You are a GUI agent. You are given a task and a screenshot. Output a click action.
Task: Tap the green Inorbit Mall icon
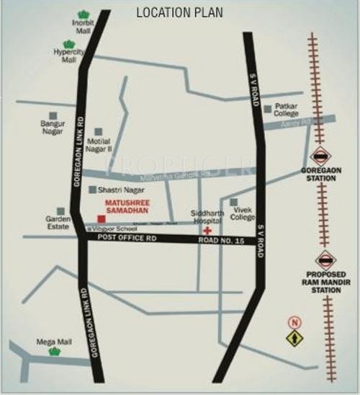tap(84, 15)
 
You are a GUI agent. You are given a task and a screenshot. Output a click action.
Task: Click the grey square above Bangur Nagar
tap(53, 115)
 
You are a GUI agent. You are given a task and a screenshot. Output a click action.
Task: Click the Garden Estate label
tap(58, 222)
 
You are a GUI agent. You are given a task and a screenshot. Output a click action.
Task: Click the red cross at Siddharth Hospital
tap(207, 229)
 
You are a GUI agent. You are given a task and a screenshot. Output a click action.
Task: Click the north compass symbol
tap(294, 332)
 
